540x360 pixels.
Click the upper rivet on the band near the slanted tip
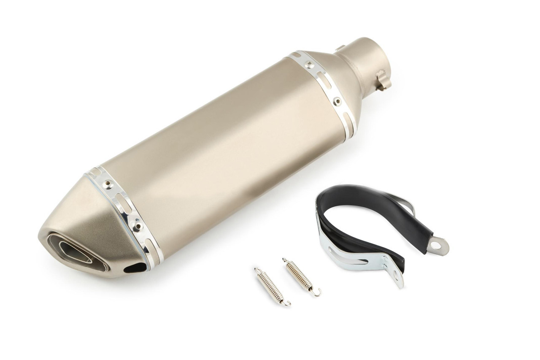point(108,183)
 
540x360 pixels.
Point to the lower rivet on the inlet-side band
point(337,101)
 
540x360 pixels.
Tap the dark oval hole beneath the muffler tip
point(136,268)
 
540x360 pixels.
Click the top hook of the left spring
point(256,270)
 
